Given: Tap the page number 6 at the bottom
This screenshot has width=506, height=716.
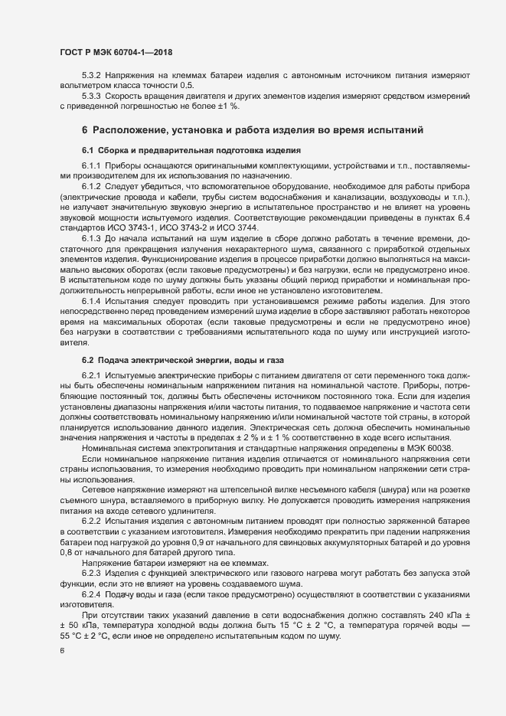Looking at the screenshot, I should point(62,650).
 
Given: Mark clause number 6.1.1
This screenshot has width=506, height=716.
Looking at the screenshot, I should point(92,165).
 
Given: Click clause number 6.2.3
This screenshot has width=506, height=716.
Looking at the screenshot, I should point(92,574).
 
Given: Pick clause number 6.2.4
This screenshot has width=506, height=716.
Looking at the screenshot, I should point(92,593).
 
